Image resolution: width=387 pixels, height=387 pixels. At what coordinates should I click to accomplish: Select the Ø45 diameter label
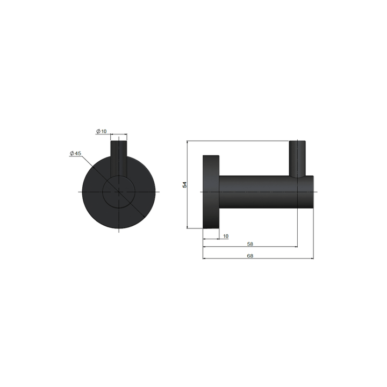coord(75,154)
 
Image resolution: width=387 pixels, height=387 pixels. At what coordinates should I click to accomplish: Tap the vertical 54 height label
coord(184,184)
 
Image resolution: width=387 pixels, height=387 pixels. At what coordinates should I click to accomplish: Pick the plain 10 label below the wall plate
coord(225,236)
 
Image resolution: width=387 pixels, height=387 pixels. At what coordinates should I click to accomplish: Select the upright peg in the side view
coord(297,159)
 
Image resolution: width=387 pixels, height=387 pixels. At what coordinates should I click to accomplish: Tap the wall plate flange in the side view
coord(210,191)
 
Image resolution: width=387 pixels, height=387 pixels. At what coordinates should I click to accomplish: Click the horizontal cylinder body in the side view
coord(258,191)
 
